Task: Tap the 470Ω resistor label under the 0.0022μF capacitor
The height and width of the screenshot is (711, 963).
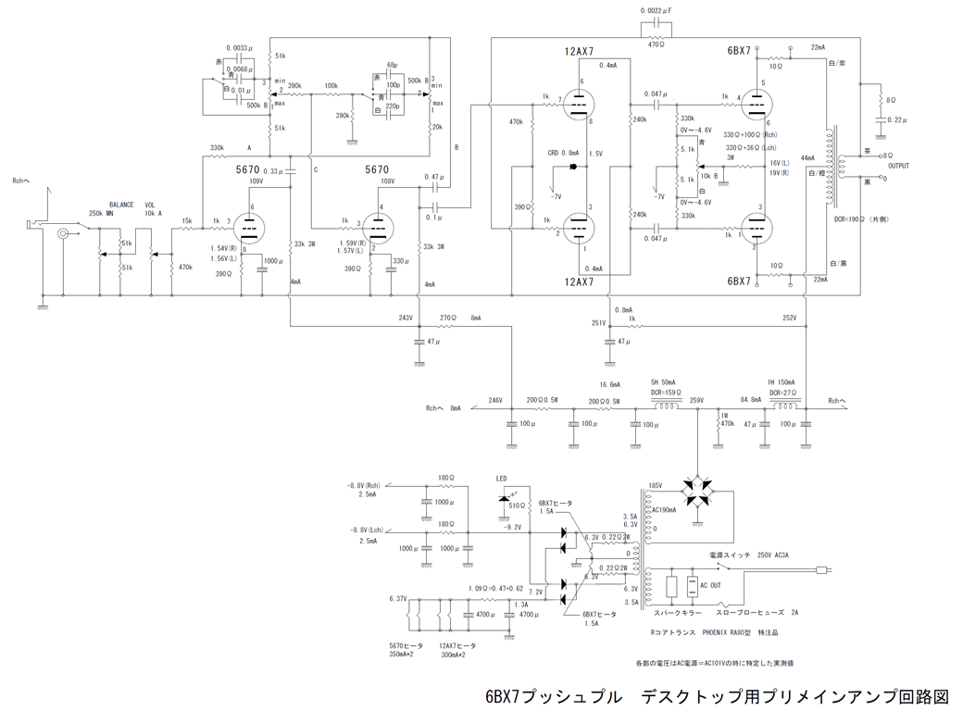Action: (x=657, y=43)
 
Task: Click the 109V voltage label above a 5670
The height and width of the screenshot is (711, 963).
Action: (x=256, y=182)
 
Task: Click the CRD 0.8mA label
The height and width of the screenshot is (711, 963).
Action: (x=563, y=153)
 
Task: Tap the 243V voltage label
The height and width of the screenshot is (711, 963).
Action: (x=406, y=318)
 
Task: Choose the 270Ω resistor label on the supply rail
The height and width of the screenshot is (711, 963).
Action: (x=448, y=318)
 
